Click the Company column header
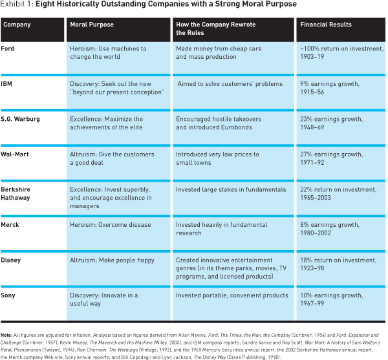17,25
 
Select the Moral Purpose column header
92,25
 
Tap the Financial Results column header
326,25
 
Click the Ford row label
7,48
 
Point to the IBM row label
6,84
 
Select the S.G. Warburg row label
20,119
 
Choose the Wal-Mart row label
15,154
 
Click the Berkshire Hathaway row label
16,194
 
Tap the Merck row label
10,225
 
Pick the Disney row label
10,260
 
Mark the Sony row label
8,295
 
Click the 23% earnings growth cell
331,123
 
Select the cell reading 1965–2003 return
338,194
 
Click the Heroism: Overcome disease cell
111,225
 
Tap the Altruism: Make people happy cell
112,260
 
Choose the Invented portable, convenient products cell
232,295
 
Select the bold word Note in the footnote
6,335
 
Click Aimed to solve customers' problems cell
230,84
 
